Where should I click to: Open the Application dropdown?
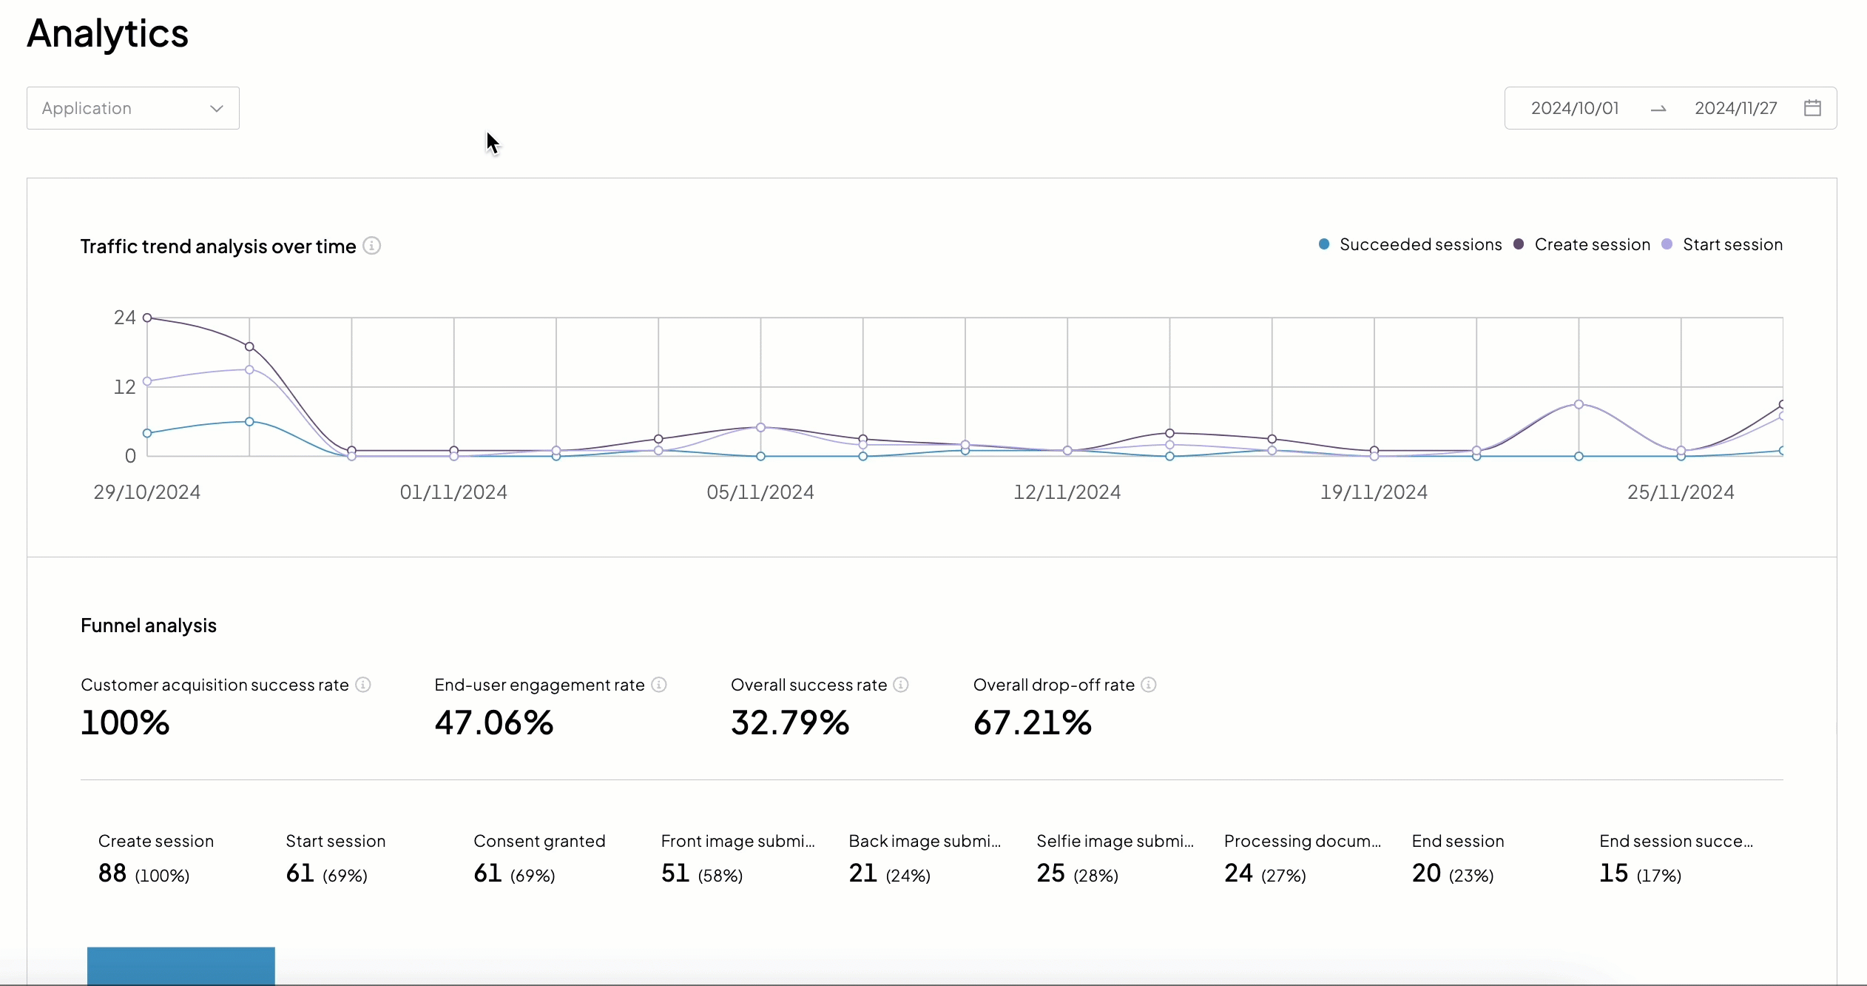(x=133, y=108)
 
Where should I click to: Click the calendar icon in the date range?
(x=1812, y=108)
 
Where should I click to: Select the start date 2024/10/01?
(x=1575, y=108)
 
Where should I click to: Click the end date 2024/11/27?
(x=1735, y=108)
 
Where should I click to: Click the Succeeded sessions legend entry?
(x=1411, y=244)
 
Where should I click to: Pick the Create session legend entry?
(x=1583, y=244)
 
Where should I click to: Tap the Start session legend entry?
(x=1723, y=244)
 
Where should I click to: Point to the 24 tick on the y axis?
(x=124, y=318)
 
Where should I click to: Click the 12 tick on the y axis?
(x=124, y=386)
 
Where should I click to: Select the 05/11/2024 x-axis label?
(x=760, y=492)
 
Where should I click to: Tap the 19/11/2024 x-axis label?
(x=1374, y=492)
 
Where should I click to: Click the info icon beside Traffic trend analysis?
(x=372, y=245)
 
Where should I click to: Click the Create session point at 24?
(x=147, y=318)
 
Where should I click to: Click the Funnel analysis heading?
(x=149, y=626)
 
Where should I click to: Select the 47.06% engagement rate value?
(x=493, y=722)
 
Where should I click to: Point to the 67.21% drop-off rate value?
(x=1032, y=722)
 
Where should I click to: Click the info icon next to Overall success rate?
(x=900, y=685)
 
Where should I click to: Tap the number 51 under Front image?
(x=675, y=873)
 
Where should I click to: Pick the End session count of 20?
(x=1426, y=873)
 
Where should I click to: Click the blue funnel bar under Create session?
(x=181, y=965)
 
